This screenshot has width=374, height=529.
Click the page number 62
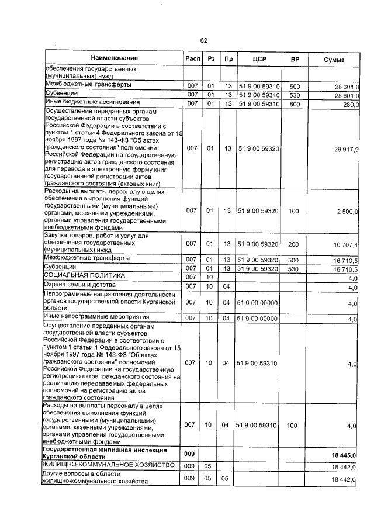204,40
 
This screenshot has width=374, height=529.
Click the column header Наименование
115,59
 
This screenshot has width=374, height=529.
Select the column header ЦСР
259,60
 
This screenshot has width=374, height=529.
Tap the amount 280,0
349,104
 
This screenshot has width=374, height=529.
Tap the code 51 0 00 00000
257,303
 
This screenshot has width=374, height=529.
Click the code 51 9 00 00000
257,319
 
